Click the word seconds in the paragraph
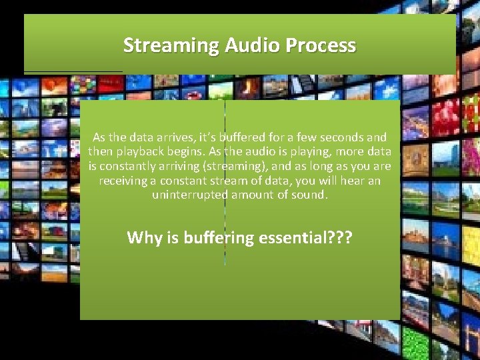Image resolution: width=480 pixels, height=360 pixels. [x=339, y=137]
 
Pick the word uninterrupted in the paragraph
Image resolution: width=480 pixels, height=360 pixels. [x=189, y=195]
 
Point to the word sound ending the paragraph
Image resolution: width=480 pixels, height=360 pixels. [x=307, y=195]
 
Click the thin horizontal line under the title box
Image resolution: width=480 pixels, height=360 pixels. [x=73, y=71]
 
